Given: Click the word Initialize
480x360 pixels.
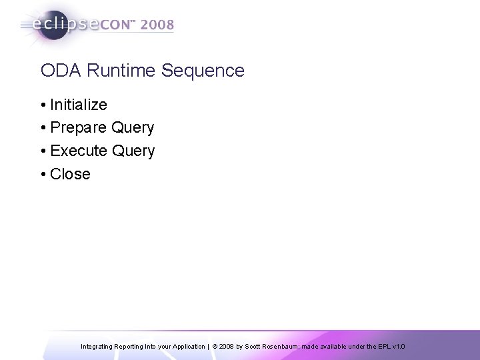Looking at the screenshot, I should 79,105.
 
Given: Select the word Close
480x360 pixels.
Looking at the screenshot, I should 70,174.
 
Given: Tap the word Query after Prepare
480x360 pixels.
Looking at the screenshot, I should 133,128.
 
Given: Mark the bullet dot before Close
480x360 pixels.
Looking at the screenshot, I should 43,175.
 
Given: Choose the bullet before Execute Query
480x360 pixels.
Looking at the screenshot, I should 43,151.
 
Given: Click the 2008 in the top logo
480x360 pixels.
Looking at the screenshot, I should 158,26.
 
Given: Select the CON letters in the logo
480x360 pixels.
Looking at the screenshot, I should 117,26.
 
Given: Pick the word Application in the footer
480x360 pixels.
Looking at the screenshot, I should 187,347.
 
